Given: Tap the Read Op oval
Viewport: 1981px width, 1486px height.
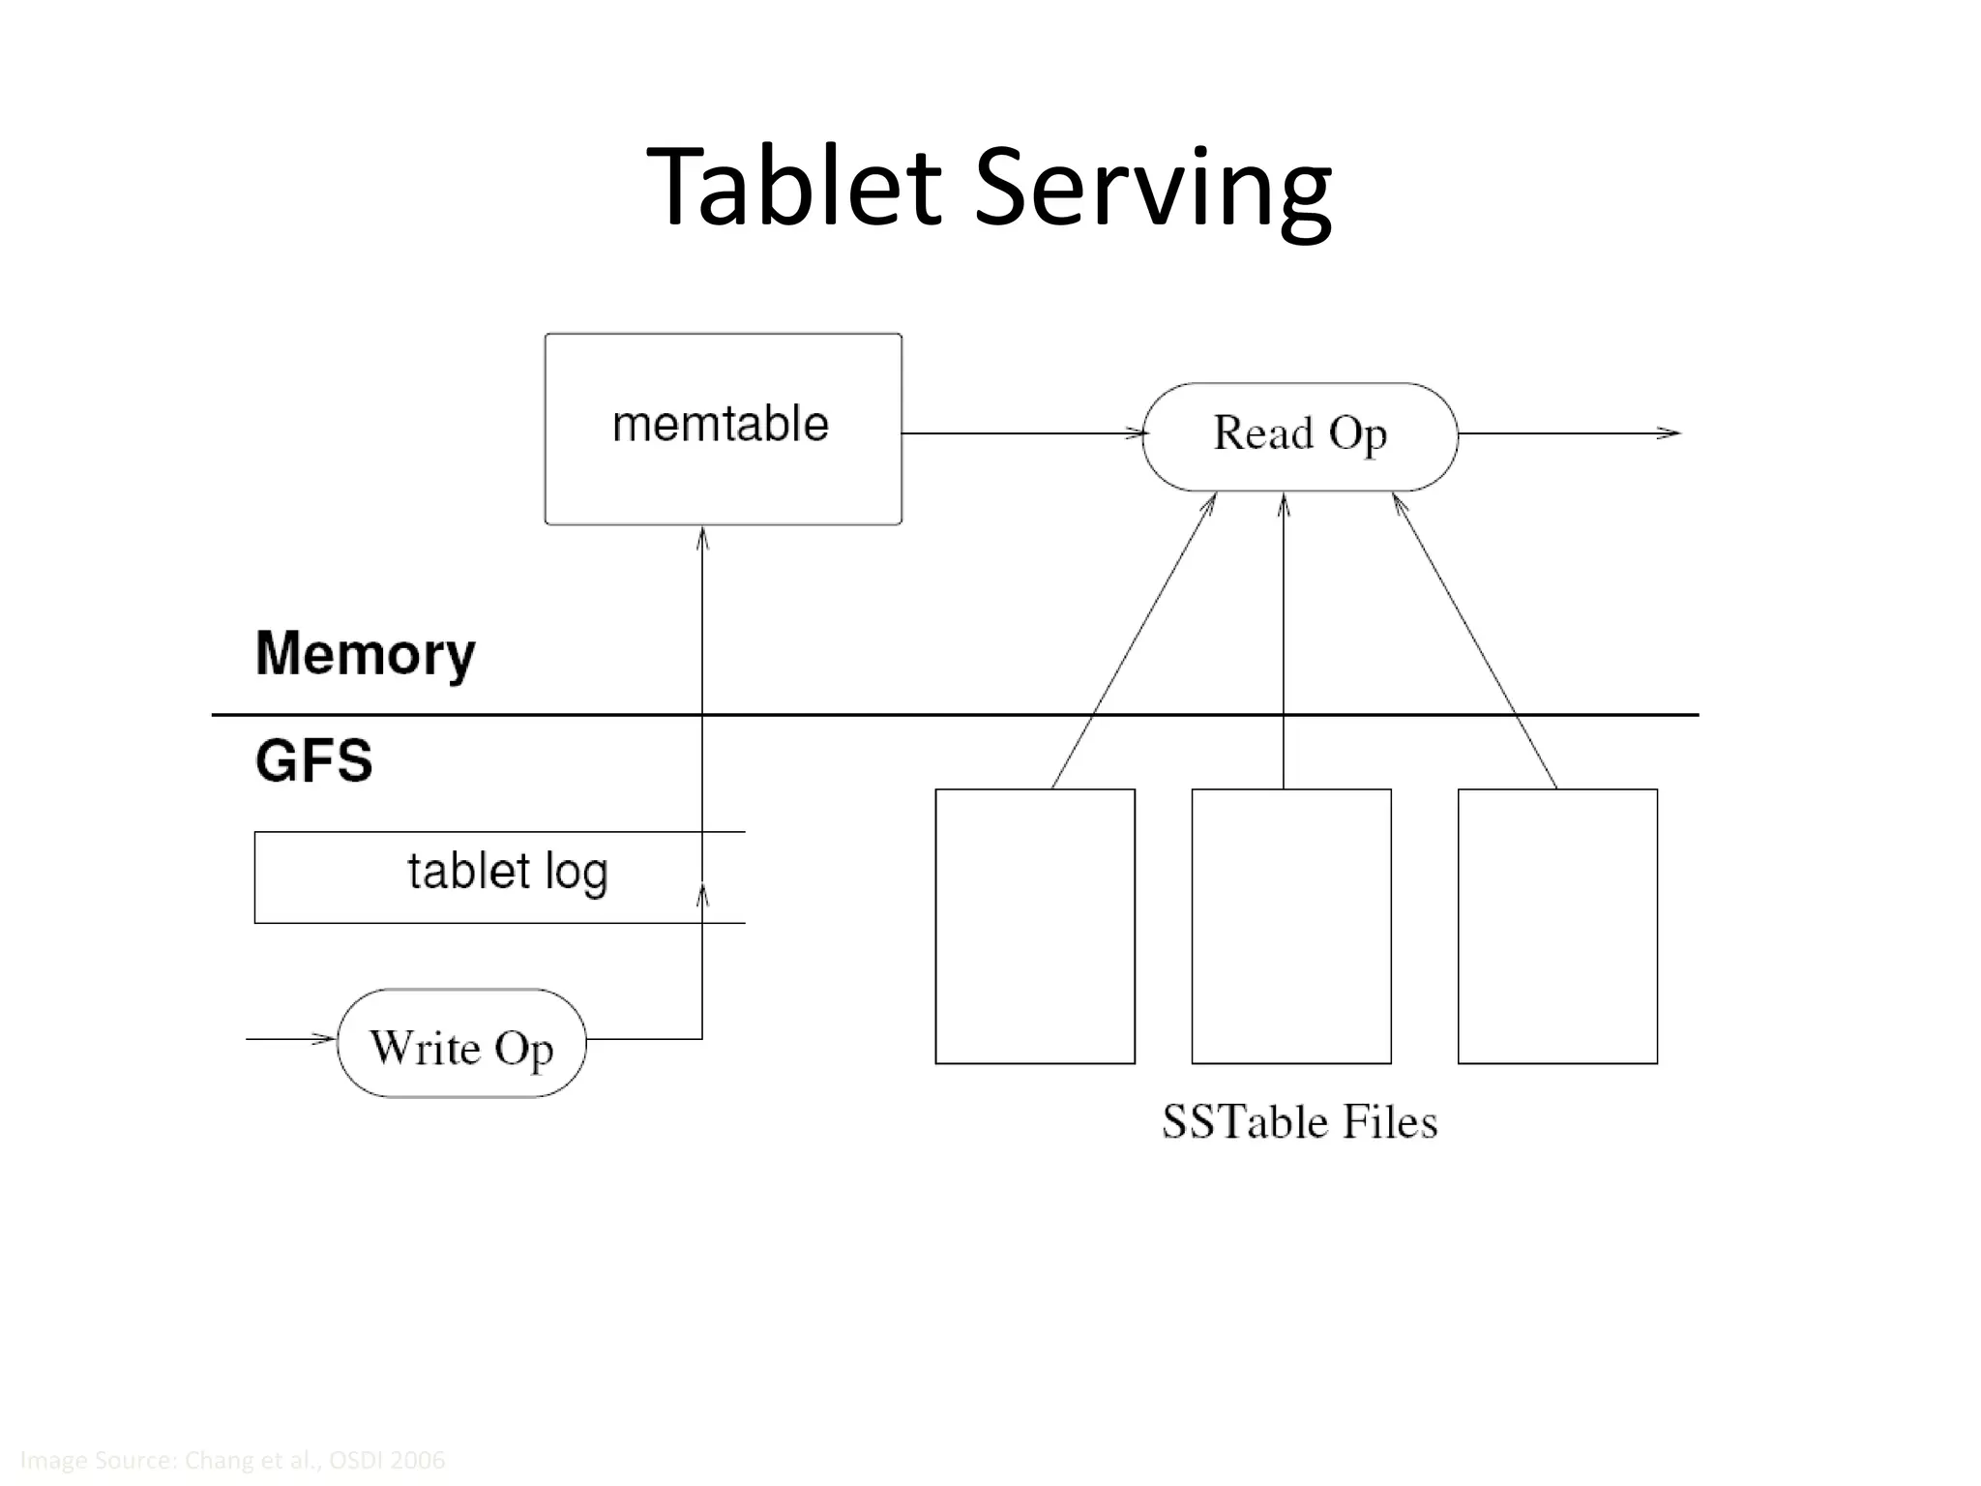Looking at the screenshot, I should [1299, 435].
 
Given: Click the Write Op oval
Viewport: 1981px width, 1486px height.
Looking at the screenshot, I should [461, 1044].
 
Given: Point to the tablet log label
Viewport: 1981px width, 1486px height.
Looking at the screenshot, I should [507, 872].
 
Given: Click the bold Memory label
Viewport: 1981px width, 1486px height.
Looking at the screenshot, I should [365, 654].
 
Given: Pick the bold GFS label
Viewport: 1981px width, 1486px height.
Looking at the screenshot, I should [313, 760].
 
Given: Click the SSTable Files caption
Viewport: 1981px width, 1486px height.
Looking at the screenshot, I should [1299, 1122].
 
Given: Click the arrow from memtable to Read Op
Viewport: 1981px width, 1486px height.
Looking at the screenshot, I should [1020, 433].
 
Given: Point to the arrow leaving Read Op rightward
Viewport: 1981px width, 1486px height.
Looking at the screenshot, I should [1567, 433].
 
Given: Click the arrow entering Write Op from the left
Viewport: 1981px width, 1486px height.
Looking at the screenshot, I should [290, 1039].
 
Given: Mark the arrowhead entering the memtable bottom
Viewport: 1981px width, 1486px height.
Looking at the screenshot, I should [702, 538].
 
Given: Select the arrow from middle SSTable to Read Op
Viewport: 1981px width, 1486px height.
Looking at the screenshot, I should [1284, 639].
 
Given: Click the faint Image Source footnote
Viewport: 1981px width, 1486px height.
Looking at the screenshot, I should [232, 1460].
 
